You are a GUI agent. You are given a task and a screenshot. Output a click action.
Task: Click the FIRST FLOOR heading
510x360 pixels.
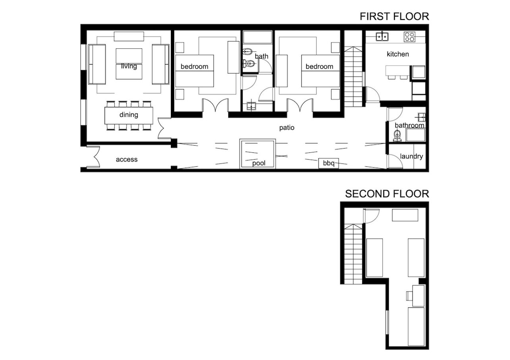[394, 16]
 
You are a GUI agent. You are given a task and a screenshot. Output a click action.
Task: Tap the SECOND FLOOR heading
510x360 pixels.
[387, 194]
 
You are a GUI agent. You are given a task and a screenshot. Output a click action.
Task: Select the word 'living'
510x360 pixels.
[129, 66]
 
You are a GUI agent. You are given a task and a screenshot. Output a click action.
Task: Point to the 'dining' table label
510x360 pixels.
[129, 115]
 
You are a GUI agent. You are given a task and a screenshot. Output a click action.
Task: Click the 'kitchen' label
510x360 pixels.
[398, 54]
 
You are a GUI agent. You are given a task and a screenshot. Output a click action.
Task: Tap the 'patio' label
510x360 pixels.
[287, 128]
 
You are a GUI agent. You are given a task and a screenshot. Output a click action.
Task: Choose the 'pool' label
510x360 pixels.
[259, 163]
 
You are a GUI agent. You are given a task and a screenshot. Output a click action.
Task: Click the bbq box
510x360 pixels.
[328, 163]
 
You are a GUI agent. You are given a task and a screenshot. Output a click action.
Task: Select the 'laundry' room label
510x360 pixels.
[411, 156]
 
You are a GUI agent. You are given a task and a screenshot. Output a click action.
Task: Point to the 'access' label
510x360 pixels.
[127, 160]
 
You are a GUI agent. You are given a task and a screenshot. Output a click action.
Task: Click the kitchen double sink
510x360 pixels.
[382, 37]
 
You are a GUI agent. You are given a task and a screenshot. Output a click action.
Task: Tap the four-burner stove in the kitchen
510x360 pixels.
[410, 37]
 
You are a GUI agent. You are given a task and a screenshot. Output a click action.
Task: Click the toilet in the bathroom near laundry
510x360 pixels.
[397, 136]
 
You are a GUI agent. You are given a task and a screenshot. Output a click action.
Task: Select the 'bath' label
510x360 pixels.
[261, 56]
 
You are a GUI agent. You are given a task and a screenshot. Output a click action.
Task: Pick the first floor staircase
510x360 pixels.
[353, 77]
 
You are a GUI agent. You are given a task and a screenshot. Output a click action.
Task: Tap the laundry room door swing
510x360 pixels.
[396, 162]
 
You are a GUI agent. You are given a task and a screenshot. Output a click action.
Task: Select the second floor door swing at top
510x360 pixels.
[371, 216]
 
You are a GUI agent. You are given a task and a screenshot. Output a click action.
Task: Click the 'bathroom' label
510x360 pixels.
[410, 125]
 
